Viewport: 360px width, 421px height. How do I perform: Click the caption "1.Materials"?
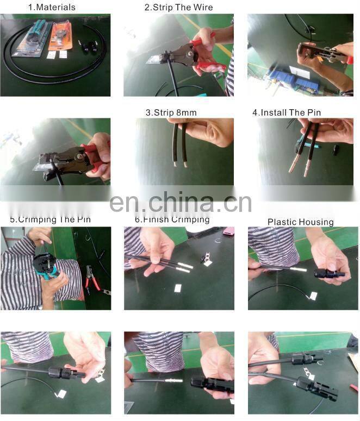tap(52, 7)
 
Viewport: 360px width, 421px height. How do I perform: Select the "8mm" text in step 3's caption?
tap(185, 112)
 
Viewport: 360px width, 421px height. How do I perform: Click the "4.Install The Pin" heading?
tap(287, 112)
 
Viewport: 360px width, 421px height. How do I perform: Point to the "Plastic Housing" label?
tap(300, 222)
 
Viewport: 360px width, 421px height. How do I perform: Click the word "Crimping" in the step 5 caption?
tap(48, 219)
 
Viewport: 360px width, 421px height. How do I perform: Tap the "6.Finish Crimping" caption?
tap(172, 219)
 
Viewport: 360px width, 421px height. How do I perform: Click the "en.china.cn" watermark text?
tap(181, 202)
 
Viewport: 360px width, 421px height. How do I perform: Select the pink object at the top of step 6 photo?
tap(228, 231)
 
